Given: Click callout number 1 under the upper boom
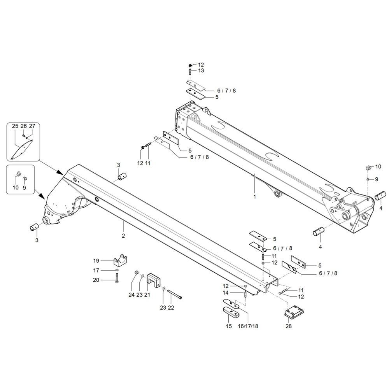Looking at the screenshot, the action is (255, 197).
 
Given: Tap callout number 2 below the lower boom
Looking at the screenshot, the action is (123, 236).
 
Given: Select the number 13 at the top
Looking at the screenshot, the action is (201, 71).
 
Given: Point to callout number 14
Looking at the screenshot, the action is (226, 293).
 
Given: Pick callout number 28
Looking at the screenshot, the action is (288, 326).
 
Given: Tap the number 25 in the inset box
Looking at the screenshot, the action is (15, 126).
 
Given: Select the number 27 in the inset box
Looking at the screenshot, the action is (32, 126).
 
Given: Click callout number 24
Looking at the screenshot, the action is (131, 295).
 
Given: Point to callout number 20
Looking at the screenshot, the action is (96, 280).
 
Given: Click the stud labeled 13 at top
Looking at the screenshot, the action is (189, 72).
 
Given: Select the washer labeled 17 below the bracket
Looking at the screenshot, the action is (117, 270).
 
